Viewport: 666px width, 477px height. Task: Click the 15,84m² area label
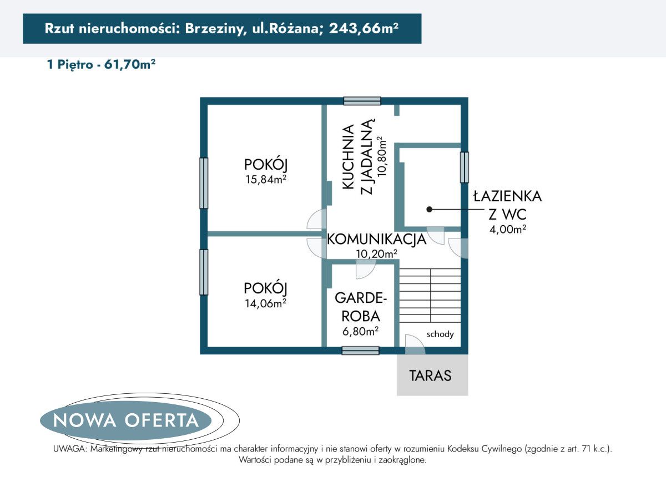(x=265, y=179)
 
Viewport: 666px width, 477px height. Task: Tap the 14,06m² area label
(x=265, y=303)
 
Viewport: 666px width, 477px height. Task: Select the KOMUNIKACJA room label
(x=376, y=240)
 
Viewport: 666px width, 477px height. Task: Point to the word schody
(x=440, y=334)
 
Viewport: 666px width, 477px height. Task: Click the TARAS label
(x=431, y=375)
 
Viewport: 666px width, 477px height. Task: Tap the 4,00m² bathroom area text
(x=507, y=229)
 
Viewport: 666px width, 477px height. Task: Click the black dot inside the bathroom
(x=429, y=210)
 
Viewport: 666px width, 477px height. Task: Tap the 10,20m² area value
(x=376, y=254)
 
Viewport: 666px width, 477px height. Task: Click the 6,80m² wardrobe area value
(x=360, y=331)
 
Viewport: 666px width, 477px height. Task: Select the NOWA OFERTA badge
(x=126, y=420)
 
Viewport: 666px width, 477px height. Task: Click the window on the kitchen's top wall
(x=362, y=101)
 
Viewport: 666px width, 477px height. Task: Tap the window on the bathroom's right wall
(x=464, y=167)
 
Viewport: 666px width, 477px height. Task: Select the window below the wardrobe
(x=360, y=351)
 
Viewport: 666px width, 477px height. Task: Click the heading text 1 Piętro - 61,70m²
(x=101, y=65)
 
